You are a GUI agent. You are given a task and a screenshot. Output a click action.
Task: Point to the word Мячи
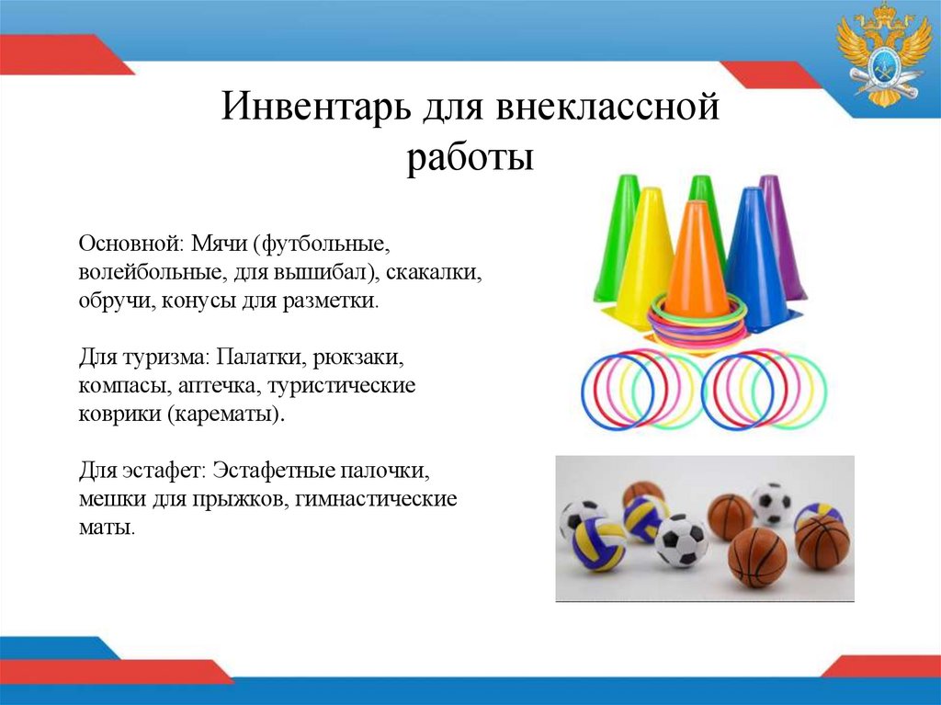tap(221, 244)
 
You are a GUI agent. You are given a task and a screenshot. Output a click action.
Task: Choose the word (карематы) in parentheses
tap(226, 414)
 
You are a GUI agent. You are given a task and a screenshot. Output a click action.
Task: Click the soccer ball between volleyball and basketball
tap(681, 540)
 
